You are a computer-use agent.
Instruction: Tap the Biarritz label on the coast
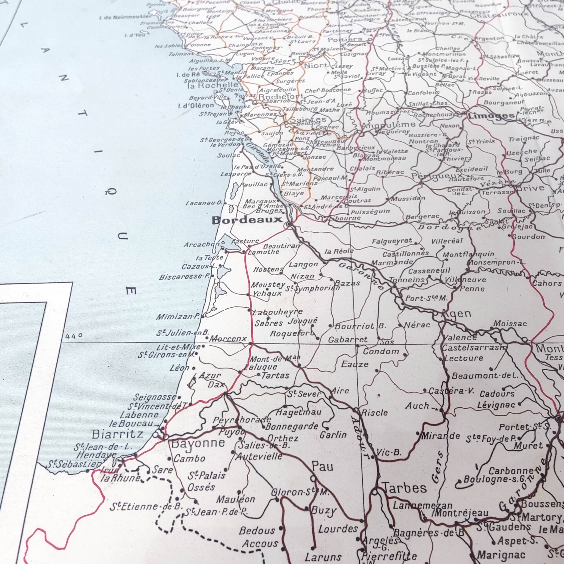pyautogui.click(x=118, y=434)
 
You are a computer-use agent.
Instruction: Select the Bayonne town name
pyautogui.click(x=198, y=443)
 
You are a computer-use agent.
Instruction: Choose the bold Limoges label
pyautogui.click(x=491, y=116)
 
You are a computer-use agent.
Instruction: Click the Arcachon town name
pyautogui.click(x=201, y=245)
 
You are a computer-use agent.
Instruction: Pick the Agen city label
pyautogui.click(x=457, y=314)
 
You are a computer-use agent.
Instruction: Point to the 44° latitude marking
pyautogui.click(x=74, y=336)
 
